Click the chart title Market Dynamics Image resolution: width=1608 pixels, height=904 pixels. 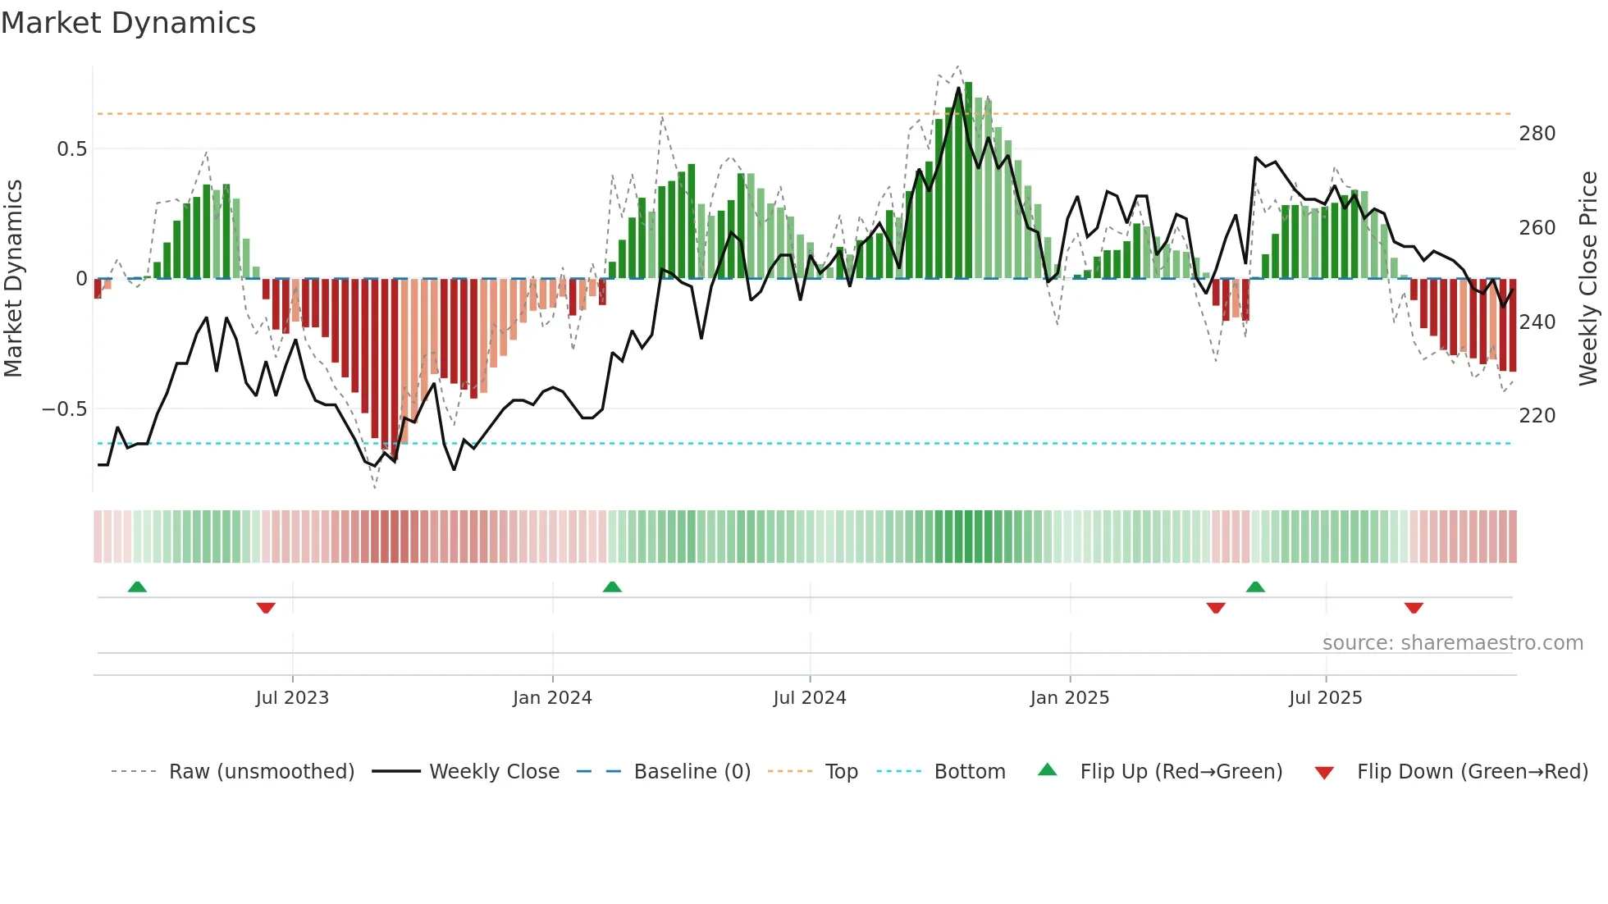coord(128,23)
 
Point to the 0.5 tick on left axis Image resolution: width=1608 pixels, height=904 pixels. coord(71,149)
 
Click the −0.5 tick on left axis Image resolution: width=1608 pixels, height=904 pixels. coord(64,409)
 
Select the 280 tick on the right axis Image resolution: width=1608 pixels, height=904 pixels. coord(1537,134)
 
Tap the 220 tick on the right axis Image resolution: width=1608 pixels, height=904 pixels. coord(1537,416)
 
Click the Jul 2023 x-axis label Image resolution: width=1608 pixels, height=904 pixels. coord(292,698)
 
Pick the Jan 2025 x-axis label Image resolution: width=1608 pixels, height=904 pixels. coord(1069,698)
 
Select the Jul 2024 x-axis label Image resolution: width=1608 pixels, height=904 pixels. coord(809,698)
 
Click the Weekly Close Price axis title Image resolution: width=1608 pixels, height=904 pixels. coord(1588,279)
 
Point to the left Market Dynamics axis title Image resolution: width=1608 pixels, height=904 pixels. coord(13,279)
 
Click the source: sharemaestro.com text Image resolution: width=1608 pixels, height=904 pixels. coord(1452,643)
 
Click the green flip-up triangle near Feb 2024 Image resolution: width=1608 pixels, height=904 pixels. coord(612,587)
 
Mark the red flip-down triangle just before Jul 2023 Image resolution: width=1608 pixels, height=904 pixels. coord(266,608)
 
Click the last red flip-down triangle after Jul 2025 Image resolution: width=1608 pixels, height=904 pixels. coord(1413,608)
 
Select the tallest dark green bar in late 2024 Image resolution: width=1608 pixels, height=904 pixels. coord(968,180)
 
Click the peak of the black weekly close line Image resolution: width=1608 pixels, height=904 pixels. coord(958,89)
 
